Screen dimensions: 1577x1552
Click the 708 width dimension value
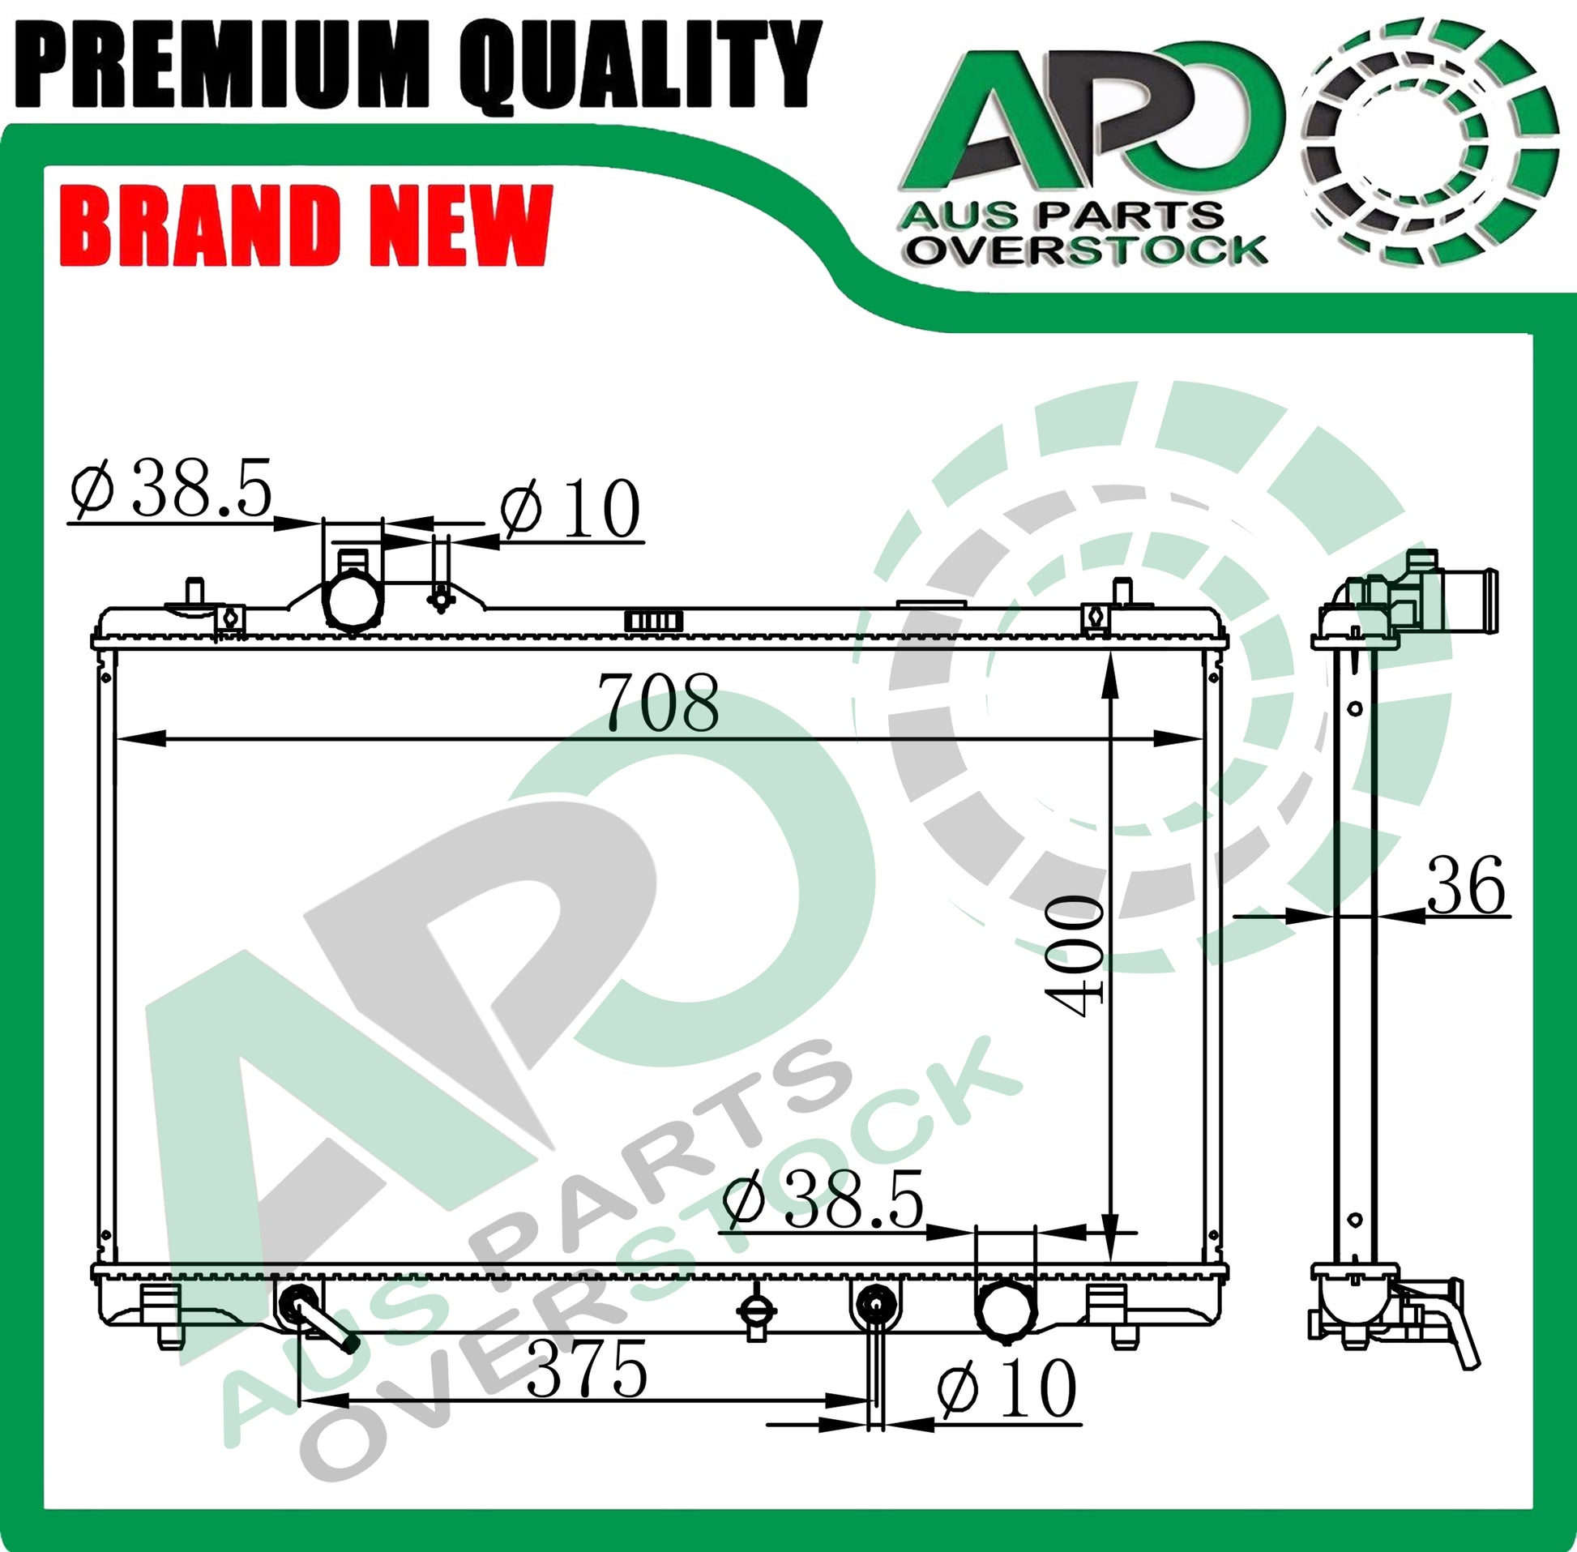point(659,702)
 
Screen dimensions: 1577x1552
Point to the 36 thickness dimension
point(1465,884)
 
